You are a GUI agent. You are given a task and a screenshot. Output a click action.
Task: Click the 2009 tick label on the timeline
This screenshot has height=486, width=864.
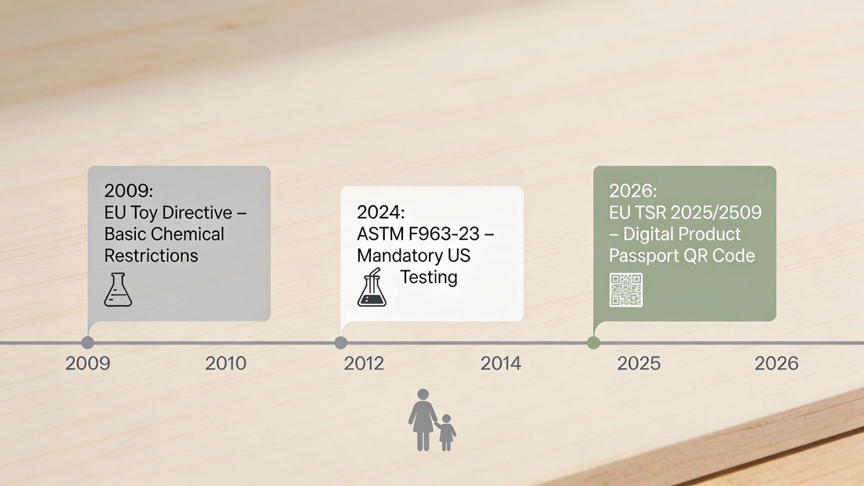(x=88, y=363)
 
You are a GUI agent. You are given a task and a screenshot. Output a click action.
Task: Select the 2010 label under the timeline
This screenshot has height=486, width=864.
(x=225, y=363)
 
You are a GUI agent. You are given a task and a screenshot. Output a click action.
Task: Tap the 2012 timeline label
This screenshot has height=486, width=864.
(x=364, y=363)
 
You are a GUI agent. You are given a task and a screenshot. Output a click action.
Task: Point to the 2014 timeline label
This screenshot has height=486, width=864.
(x=500, y=363)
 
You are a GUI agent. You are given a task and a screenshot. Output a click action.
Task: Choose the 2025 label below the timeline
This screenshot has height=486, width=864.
(x=639, y=363)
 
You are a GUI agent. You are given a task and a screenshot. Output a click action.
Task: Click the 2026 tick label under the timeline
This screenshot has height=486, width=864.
(x=776, y=363)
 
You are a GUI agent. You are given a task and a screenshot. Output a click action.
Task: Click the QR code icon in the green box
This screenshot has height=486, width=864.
(x=626, y=290)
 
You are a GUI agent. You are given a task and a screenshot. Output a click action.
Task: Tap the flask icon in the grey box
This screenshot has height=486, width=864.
(x=118, y=289)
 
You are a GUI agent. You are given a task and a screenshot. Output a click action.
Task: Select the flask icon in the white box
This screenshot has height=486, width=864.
(x=372, y=288)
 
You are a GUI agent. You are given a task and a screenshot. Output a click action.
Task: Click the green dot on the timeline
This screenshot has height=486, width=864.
(x=593, y=343)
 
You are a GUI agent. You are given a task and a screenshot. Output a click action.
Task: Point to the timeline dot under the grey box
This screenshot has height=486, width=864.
(x=88, y=343)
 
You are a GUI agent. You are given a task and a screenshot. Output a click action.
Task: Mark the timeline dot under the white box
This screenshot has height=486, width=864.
(x=341, y=343)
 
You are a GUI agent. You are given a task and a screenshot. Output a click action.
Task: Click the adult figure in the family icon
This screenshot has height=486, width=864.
(x=423, y=419)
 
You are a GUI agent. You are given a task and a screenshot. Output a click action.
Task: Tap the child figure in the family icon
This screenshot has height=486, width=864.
(x=446, y=433)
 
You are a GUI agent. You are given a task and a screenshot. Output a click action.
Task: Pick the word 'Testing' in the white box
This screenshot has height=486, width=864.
(x=428, y=277)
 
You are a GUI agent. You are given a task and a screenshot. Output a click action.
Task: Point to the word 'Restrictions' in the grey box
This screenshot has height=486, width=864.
(x=151, y=256)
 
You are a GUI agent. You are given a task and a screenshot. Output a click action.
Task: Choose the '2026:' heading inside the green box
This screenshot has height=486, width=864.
(x=632, y=191)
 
